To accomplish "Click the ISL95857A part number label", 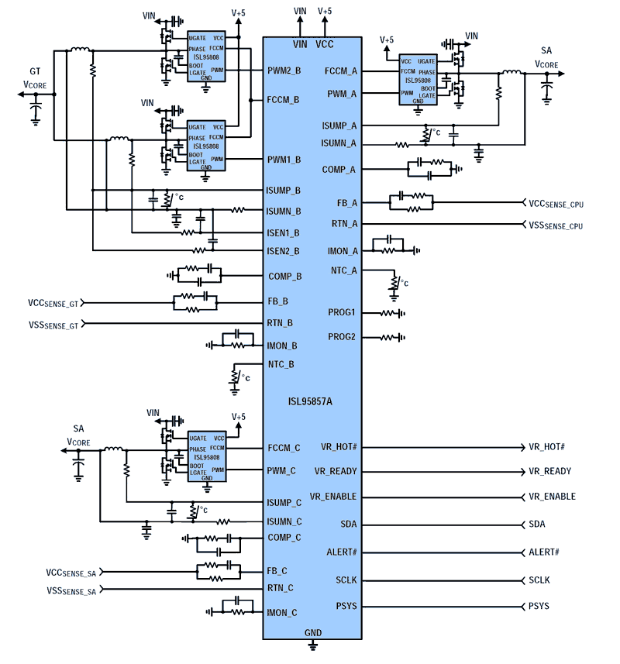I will [312, 402].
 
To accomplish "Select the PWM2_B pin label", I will [285, 71].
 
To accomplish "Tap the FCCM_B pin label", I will [283, 100].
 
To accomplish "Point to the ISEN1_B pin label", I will [283, 232].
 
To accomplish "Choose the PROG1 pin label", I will [341, 312].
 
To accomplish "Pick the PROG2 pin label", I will [341, 337].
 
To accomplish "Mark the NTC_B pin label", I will [281, 364].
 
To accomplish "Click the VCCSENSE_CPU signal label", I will [556, 204].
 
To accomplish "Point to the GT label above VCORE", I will [36, 70].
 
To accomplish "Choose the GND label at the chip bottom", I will [312, 633].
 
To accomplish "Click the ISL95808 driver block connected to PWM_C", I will [207, 458].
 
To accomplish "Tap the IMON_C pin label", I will [282, 613].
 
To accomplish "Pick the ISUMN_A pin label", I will [339, 143].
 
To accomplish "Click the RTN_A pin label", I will [344, 224].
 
